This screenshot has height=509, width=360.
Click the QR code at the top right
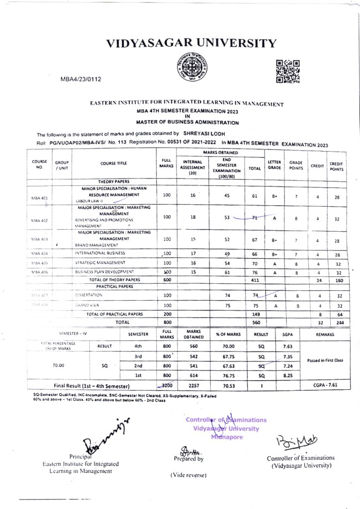coord(288,71)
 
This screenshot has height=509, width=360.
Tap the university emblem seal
coord(192,68)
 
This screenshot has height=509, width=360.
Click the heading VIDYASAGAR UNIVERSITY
coord(191,43)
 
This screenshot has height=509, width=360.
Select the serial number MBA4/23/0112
coord(81,79)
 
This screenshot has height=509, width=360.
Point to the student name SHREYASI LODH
coord(204,134)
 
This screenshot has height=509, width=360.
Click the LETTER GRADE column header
coord(274,165)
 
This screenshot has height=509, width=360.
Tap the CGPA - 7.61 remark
coord(326,385)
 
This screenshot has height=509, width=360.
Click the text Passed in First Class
coord(326,360)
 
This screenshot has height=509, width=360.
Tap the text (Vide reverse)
coord(188,475)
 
